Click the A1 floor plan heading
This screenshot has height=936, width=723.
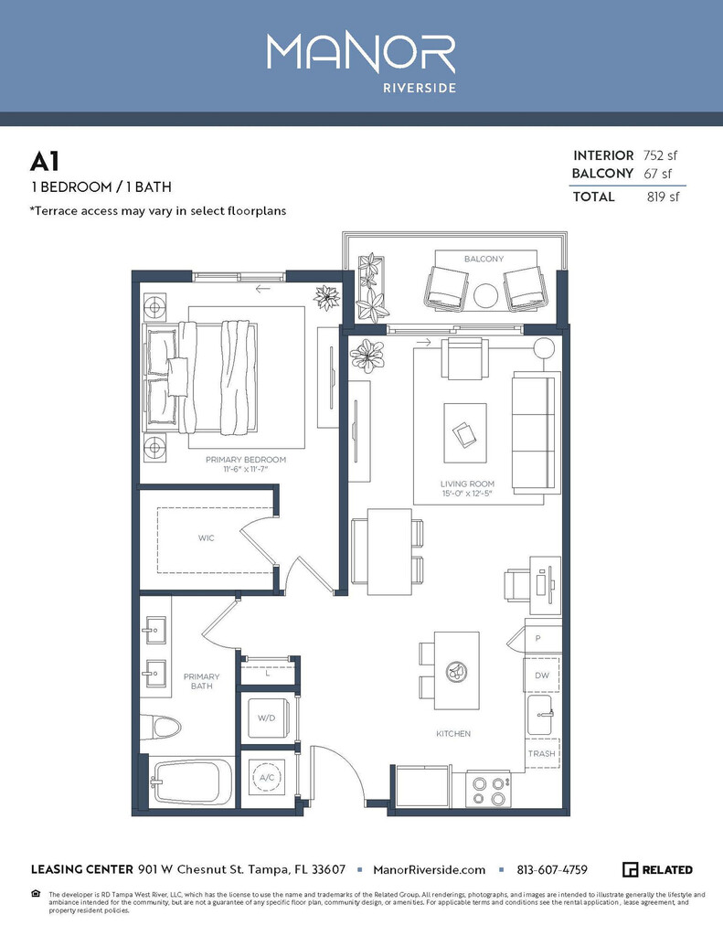click(45, 162)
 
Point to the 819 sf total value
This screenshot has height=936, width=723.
click(663, 197)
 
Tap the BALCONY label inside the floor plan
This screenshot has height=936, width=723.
click(484, 260)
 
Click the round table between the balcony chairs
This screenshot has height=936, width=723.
click(485, 294)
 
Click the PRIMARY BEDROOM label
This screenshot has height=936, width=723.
click(246, 460)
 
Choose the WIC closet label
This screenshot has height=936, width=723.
click(206, 538)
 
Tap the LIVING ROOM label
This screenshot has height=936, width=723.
click(467, 484)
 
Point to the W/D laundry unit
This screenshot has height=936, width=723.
click(266, 718)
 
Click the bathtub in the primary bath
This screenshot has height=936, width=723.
click(186, 782)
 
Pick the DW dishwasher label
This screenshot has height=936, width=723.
click(541, 675)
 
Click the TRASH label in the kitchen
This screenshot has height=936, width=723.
click(541, 754)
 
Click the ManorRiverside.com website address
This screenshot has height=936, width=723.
click(430, 869)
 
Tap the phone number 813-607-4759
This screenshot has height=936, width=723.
click(552, 869)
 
